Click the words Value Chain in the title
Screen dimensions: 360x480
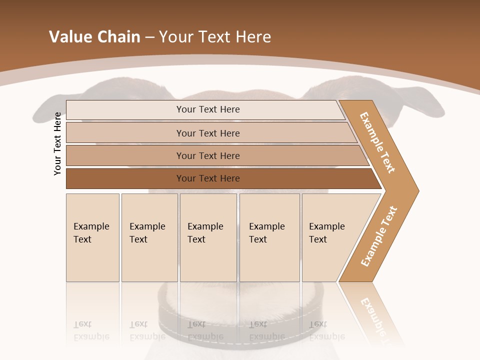[x=94, y=37]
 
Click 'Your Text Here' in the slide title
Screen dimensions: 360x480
[x=215, y=37]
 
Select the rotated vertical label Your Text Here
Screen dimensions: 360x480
[x=57, y=143]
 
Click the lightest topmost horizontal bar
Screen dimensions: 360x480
[x=207, y=109]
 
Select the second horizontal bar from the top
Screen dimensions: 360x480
[x=207, y=133]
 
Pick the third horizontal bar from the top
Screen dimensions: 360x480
[x=207, y=155]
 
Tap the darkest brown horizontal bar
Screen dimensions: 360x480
[x=207, y=178]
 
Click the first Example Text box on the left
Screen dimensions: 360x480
[x=92, y=237]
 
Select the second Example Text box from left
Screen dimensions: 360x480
[x=149, y=237]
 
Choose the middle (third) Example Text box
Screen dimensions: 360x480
[x=208, y=237]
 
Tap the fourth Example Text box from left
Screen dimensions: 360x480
[x=269, y=237]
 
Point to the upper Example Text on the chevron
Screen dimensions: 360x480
[x=377, y=143]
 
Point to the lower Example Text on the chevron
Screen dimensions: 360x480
[x=378, y=236]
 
